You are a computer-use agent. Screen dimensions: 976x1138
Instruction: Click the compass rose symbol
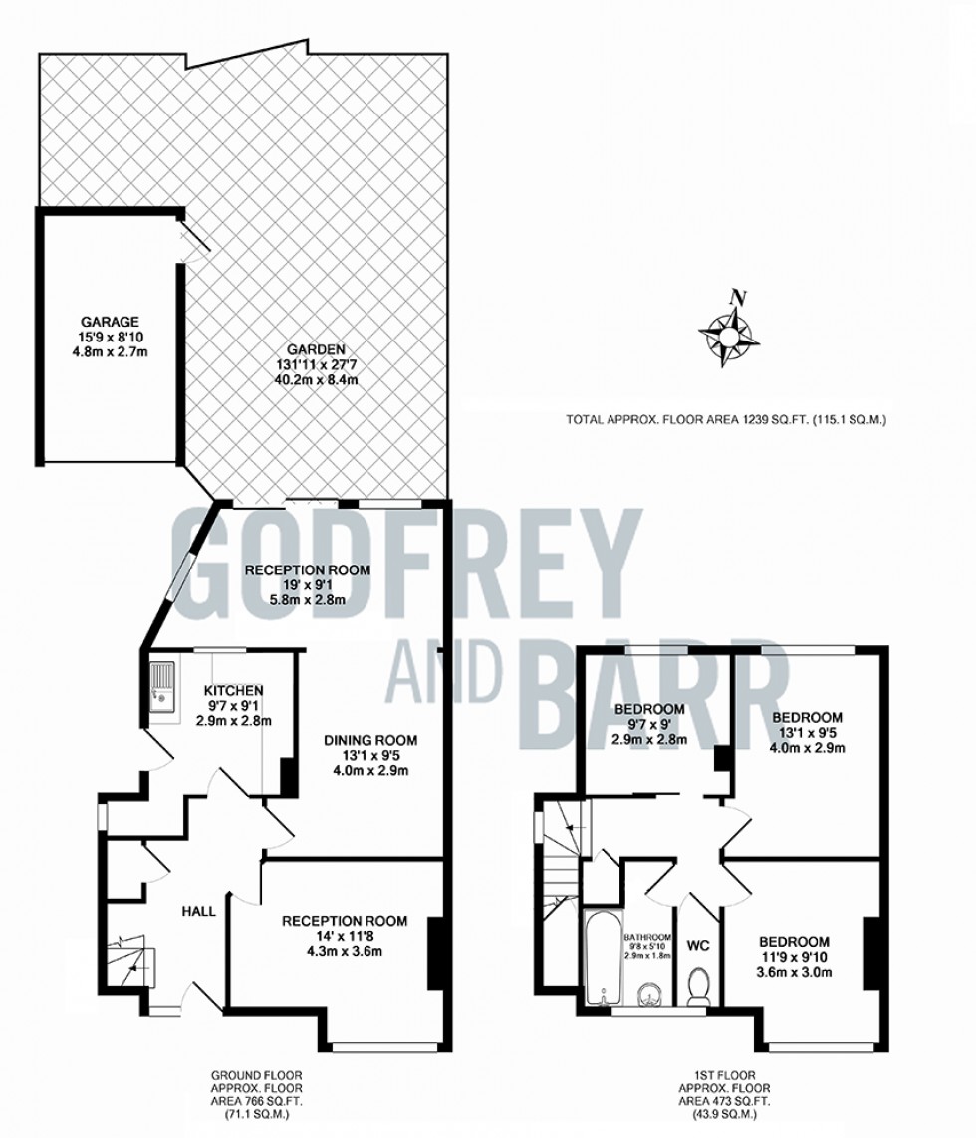pos(730,334)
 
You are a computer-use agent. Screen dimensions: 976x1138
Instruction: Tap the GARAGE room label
pos(110,321)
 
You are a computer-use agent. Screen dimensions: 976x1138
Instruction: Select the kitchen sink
pos(162,687)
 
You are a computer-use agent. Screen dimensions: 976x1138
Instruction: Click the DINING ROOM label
pos(370,741)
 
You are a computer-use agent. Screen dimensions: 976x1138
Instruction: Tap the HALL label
pos(198,912)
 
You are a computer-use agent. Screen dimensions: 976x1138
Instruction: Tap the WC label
pos(698,946)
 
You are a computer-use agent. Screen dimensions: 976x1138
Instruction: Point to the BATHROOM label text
pos(647,937)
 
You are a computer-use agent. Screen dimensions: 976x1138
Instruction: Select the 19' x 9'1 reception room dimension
pos(307,585)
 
